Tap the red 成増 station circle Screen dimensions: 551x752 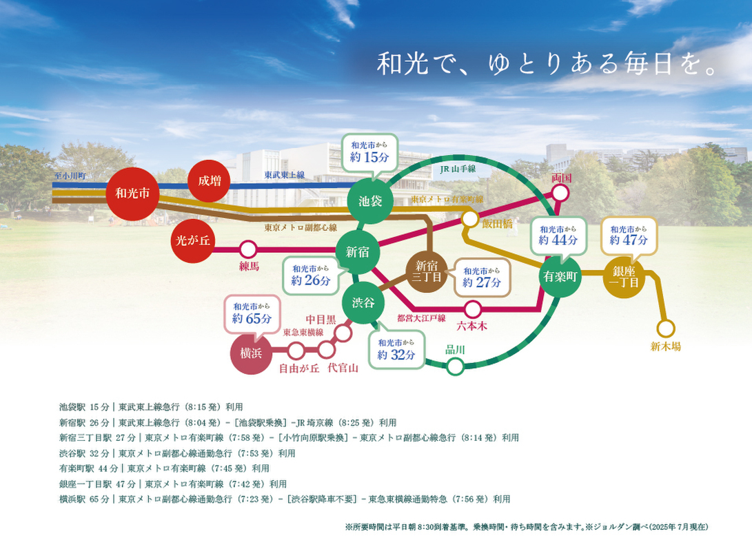pos(210,181)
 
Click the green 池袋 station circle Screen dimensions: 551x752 pos(371,201)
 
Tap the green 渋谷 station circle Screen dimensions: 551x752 pos(363,302)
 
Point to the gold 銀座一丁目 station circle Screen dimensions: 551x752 pos(623,277)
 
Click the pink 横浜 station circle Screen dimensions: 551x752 pos(251,353)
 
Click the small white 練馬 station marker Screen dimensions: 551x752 pos(248,249)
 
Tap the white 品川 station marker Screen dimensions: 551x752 pos(455,366)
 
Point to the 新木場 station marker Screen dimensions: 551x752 pos(666,329)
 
